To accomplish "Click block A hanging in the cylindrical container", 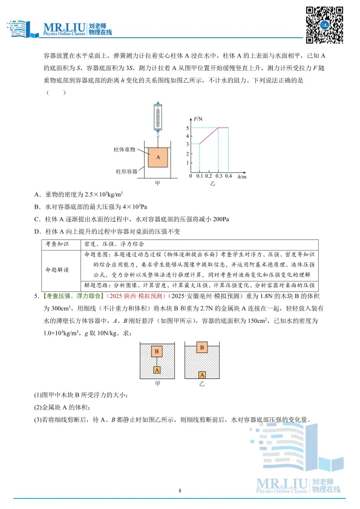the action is pos(157,157).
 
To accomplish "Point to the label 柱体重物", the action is pos(123,148).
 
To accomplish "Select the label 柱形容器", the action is pos(125,171).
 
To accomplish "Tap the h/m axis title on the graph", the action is pos(242,177).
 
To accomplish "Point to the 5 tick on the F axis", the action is pos(188,128).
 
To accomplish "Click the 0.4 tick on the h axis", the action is pos(228,177).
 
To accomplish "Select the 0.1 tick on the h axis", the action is pos(200,177).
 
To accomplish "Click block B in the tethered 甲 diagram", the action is pos(157,351).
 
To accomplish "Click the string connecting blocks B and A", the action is pos(157,361).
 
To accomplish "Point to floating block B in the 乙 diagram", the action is pos(201,347).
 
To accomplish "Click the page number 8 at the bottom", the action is pos(180,490).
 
